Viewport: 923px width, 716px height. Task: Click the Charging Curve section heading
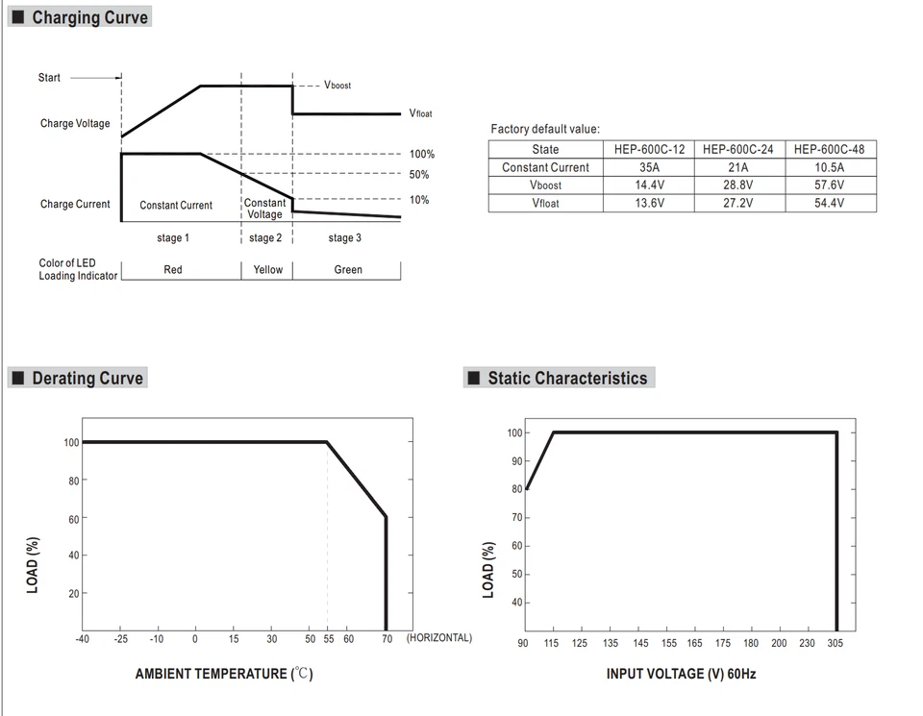pyautogui.click(x=89, y=17)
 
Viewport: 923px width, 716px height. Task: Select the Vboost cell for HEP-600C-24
pyautogui.click(x=737, y=185)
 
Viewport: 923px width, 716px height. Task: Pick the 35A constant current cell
pyautogui.click(x=649, y=167)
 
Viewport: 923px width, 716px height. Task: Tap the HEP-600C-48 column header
pyautogui.click(x=829, y=149)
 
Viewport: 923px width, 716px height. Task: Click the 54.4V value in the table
pyautogui.click(x=829, y=203)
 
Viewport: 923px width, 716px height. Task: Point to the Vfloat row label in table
pyautogui.click(x=545, y=203)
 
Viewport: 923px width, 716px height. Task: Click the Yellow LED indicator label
pyautogui.click(x=267, y=270)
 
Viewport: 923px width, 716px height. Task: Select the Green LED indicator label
pyautogui.click(x=347, y=270)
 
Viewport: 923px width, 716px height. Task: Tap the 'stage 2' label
pyautogui.click(x=265, y=238)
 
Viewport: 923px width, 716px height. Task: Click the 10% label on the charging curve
pyautogui.click(x=419, y=200)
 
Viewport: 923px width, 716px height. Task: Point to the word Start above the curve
pyautogui.click(x=49, y=78)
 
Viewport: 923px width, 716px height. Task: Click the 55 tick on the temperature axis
pyautogui.click(x=328, y=638)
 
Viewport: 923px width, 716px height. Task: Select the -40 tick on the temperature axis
pyautogui.click(x=83, y=638)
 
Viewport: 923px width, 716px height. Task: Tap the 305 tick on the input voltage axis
pyautogui.click(x=836, y=643)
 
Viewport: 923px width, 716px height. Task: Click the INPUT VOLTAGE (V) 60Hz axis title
pyautogui.click(x=681, y=674)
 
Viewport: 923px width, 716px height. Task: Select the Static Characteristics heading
pyautogui.click(x=566, y=378)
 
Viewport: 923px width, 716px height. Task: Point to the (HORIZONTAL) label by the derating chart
pyautogui.click(x=439, y=638)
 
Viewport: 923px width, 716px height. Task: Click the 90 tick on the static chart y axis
pyautogui.click(x=516, y=461)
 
